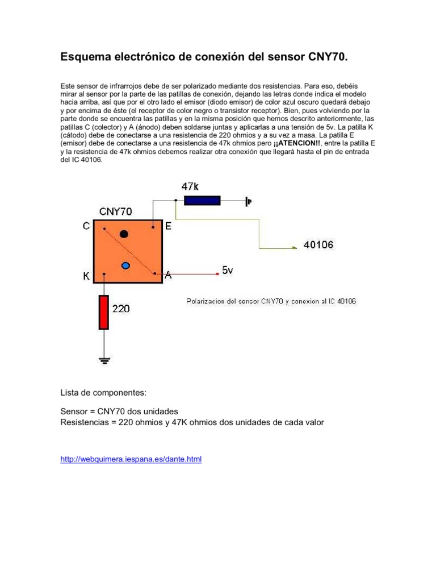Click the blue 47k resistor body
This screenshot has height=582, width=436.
[x=203, y=200]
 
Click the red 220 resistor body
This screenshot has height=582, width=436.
[x=104, y=312]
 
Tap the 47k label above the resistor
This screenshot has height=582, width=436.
[x=190, y=186]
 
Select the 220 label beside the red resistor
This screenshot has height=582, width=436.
[x=121, y=309]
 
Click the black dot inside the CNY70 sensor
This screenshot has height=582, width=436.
[x=124, y=234]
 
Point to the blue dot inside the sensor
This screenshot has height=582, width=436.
[x=126, y=265]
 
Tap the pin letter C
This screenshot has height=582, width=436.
[x=86, y=226]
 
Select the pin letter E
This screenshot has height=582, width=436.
[x=168, y=226]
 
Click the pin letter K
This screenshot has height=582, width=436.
[x=86, y=277]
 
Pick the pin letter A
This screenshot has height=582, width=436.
[x=167, y=275]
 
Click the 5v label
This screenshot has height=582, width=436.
[x=227, y=271]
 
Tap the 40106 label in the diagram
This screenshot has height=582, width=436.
[x=318, y=245]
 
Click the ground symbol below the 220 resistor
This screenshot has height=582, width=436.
[x=104, y=359]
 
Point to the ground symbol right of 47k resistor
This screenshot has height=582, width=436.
[x=248, y=201]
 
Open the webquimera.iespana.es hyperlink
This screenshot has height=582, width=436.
[x=131, y=459]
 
